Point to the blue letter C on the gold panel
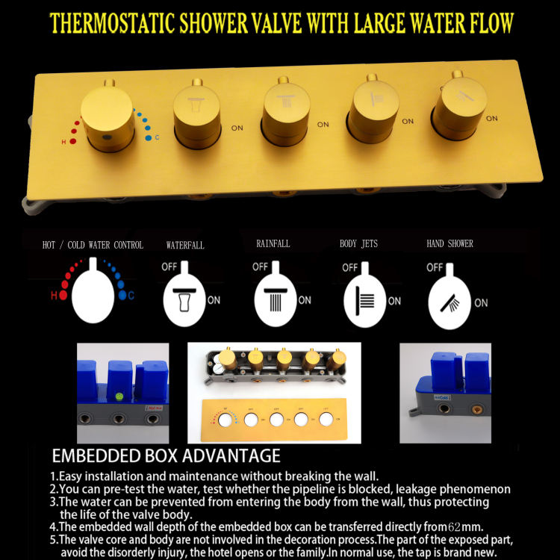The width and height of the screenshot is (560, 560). click(157, 137)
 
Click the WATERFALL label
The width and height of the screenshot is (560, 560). click(185, 245)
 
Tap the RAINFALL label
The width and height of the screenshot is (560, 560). click(273, 243)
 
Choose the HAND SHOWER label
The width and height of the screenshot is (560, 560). click(449, 243)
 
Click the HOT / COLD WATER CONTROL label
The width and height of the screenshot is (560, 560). click(93, 245)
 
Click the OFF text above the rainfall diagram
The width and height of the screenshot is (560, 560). click(260, 267)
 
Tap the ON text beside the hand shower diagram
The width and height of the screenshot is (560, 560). click(481, 302)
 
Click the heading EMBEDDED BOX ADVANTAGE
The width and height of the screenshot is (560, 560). click(166, 455)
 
